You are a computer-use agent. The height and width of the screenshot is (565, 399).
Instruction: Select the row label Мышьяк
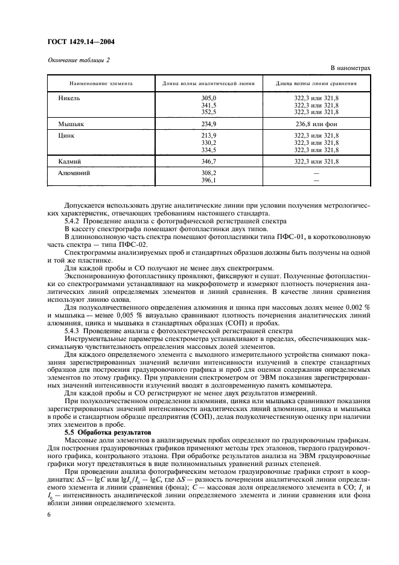71,123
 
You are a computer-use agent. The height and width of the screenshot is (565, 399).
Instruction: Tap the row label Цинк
66,136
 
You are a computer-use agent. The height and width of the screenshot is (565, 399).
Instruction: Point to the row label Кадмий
70,162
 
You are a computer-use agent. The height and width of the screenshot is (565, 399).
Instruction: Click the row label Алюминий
74,173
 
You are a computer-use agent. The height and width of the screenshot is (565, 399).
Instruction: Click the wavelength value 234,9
208,123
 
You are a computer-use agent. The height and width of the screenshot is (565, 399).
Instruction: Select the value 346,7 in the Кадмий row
208,162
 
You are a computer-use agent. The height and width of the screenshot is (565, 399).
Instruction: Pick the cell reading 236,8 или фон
316,123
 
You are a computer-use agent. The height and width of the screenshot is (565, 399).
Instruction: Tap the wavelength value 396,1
208,180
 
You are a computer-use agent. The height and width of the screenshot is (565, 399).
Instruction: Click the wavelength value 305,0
208,98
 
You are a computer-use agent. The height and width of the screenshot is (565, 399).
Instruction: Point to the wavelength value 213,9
208,136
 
